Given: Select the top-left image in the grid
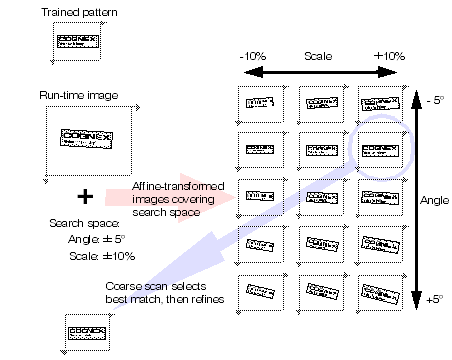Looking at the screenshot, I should point(260,104).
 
